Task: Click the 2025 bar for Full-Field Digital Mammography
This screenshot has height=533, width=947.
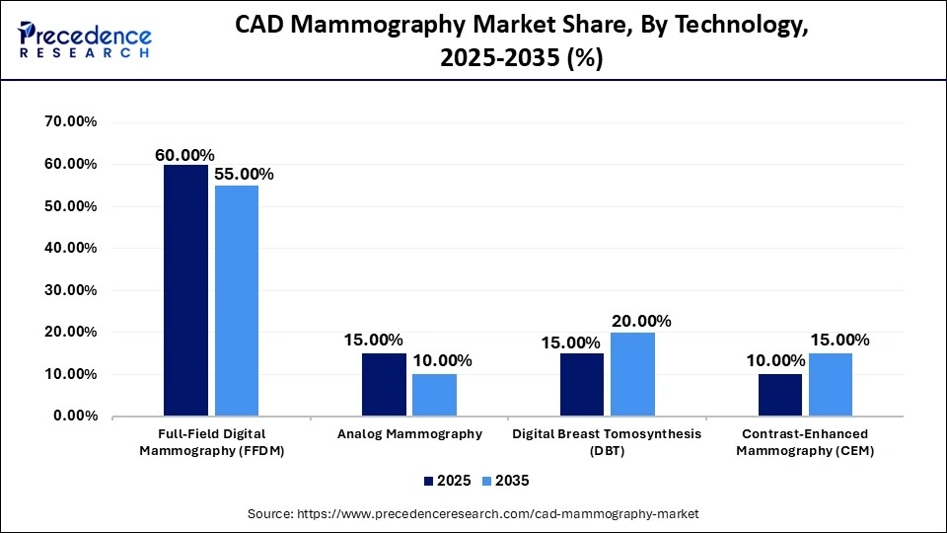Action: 185,290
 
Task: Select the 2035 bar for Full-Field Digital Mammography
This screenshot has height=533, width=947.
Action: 237,301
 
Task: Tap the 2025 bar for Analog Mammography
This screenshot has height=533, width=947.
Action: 384,384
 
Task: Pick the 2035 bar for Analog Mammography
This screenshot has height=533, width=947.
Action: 434,395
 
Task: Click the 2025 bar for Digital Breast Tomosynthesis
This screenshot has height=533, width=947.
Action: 582,384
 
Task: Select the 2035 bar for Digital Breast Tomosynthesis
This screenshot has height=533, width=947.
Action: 632,374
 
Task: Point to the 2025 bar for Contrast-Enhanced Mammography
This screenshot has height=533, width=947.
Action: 780,395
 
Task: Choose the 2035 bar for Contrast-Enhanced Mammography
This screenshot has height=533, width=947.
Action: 831,384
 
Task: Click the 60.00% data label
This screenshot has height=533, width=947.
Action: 184,155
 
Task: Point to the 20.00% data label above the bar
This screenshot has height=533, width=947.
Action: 641,321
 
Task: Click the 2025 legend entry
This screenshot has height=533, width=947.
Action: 448,481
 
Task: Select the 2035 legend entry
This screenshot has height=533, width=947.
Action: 506,481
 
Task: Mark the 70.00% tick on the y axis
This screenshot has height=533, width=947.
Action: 71,122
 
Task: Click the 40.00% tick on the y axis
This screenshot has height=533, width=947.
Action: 71,249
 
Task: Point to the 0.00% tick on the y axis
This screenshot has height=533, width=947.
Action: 75,417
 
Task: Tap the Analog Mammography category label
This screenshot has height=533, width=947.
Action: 409,433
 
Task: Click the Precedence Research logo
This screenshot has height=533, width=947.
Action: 84,39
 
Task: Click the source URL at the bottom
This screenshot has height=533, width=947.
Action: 473,513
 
